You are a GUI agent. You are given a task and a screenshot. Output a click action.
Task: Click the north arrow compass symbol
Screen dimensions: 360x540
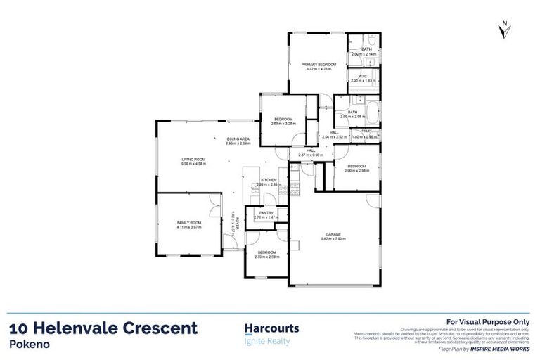click(504, 29)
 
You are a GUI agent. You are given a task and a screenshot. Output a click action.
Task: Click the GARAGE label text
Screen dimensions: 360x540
click(333, 235)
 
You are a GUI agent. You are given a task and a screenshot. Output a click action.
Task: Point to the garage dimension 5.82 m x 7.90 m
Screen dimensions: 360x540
click(333, 240)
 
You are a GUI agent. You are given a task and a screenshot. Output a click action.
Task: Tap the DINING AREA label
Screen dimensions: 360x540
click(238, 139)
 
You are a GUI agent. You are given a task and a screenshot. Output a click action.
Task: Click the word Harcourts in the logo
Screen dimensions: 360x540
click(271, 328)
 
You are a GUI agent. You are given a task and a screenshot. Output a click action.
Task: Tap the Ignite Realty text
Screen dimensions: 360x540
click(266, 342)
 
